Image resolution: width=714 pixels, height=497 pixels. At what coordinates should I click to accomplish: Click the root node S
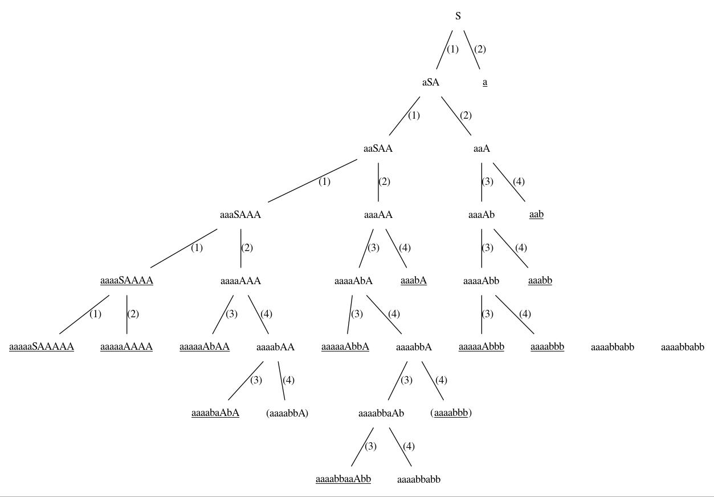[x=458, y=15]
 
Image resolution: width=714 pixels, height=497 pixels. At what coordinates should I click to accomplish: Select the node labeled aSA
[x=431, y=82]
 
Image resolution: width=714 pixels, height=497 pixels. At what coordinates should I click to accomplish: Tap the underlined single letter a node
[x=485, y=82]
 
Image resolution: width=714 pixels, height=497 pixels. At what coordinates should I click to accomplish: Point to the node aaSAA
[x=378, y=148]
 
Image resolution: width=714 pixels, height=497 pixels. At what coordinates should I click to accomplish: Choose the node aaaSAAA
[x=240, y=215]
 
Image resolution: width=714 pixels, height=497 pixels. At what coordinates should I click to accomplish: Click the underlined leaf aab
[x=536, y=214]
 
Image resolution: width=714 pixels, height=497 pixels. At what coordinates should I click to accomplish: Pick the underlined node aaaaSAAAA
[x=127, y=281]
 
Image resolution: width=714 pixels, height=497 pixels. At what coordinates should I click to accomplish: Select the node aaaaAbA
[x=353, y=281]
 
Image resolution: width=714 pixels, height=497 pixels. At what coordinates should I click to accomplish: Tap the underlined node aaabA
[x=414, y=281]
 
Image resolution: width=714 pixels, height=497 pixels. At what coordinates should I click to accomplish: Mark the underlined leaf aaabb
[x=540, y=281]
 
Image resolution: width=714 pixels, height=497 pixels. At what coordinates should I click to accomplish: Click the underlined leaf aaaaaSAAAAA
[x=42, y=347]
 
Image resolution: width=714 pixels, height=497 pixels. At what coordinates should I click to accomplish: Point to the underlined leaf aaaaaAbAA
[x=205, y=347]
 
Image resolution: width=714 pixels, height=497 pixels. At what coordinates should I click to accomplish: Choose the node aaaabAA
[x=275, y=347]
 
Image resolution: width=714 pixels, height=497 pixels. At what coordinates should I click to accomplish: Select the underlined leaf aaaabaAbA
[x=215, y=413]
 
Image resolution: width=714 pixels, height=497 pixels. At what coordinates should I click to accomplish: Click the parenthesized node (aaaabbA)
[x=287, y=413]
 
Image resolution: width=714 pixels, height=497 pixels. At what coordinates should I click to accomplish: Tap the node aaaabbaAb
[x=381, y=413]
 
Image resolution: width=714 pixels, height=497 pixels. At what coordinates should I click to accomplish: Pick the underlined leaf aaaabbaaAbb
[x=343, y=479]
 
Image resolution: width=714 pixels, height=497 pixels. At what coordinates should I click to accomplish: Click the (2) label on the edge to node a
[x=480, y=49]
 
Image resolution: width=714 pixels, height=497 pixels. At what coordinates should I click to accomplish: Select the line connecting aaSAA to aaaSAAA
[x=312, y=181]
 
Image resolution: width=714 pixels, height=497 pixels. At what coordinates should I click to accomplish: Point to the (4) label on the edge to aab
[x=519, y=181]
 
